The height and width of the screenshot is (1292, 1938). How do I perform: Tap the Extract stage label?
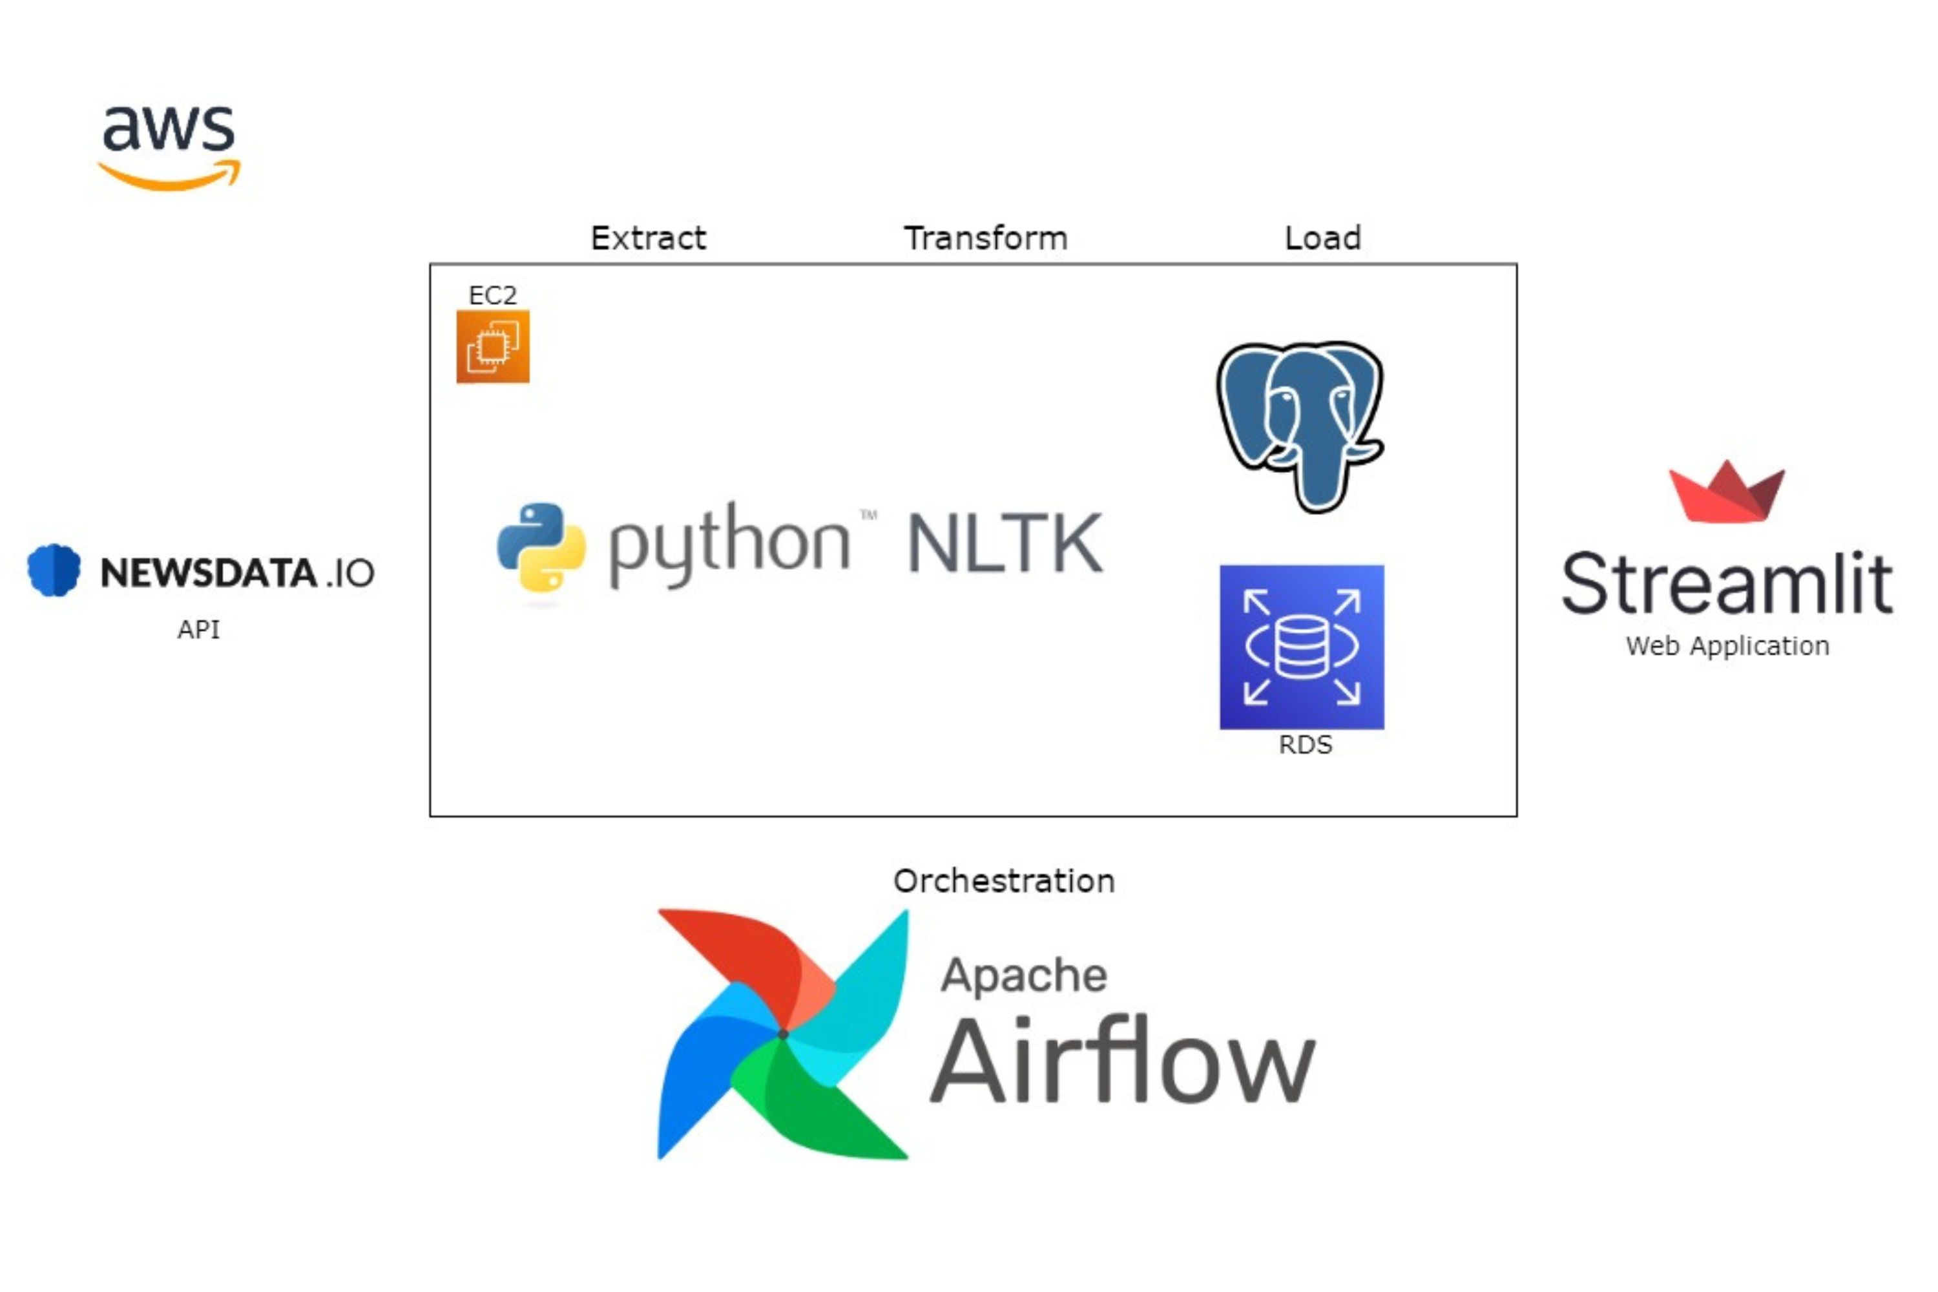click(649, 238)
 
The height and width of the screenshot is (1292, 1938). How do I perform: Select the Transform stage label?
click(986, 238)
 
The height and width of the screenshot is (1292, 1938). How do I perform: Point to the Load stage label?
click(1322, 238)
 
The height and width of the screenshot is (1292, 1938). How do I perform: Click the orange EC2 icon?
click(493, 346)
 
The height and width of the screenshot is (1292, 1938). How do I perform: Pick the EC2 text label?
click(493, 295)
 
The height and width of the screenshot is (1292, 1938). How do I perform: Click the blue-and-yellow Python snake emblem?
click(541, 547)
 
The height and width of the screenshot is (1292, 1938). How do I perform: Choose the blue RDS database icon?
click(1302, 647)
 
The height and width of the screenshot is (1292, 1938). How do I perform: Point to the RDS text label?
click(1305, 745)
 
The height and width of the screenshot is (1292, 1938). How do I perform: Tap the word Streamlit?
click(1727, 583)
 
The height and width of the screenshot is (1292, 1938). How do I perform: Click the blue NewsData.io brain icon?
click(54, 569)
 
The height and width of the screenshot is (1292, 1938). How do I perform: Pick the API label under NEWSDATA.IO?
click(198, 629)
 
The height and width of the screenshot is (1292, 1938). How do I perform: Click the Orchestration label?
click(1005, 881)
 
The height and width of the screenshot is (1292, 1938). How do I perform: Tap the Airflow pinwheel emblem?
click(783, 1034)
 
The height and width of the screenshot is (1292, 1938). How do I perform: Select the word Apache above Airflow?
click(1024, 976)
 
